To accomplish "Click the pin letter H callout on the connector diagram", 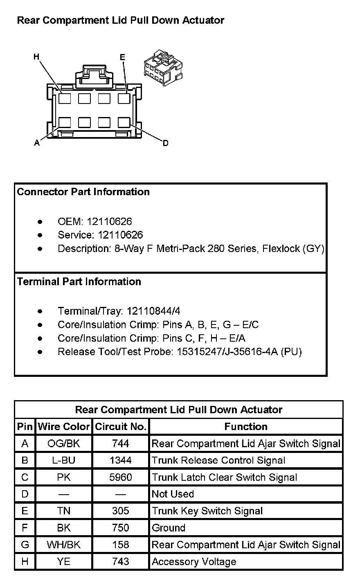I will point(36,57).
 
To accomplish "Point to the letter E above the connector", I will point(122,57).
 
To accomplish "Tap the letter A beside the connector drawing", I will point(37,143).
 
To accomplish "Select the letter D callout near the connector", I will point(165,143).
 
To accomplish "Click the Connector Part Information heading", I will point(83,192).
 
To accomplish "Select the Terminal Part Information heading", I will point(79,281).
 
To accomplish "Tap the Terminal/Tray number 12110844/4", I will point(153,311).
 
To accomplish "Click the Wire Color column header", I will point(64,427).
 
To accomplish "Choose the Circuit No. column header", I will point(121,427).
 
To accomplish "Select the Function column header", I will point(246,427).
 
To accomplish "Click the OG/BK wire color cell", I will point(64,444).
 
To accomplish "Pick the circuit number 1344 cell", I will point(121,460).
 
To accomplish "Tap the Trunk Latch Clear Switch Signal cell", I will point(224,477).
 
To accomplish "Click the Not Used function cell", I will point(173,494).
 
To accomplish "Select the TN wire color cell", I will point(64,511).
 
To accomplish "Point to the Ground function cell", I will point(169,528).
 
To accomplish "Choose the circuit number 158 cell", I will point(121,545).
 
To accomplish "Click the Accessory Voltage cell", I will point(194,562).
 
